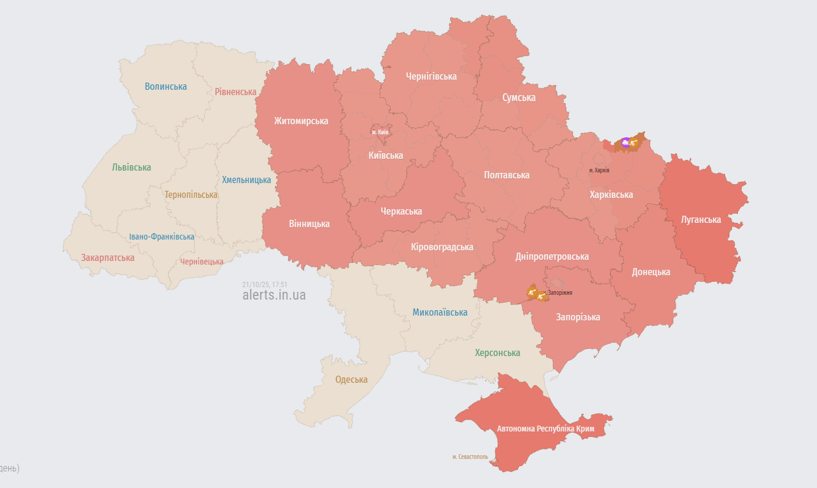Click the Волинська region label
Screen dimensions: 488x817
point(166,86)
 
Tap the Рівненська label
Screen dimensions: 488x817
point(236,92)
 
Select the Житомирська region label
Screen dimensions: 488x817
point(301,121)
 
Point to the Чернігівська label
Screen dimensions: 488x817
point(431,76)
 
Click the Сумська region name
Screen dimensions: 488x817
point(518,97)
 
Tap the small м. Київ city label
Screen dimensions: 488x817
point(380,132)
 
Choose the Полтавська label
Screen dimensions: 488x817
point(506,175)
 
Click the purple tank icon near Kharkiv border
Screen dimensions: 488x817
point(626,143)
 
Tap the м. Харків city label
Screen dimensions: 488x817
point(599,171)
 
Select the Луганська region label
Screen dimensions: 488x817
point(701,219)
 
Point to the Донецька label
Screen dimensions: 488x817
point(651,272)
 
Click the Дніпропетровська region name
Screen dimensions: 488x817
point(552,256)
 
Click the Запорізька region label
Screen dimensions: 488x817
point(578,317)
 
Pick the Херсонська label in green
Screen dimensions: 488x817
point(498,352)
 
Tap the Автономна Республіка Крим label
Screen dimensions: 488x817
point(546,429)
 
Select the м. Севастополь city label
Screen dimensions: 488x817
point(470,457)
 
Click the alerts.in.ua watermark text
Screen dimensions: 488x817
point(274,295)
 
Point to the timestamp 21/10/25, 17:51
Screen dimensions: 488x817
point(265,284)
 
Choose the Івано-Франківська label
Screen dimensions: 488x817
point(161,237)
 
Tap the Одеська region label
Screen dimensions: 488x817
point(351,379)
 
